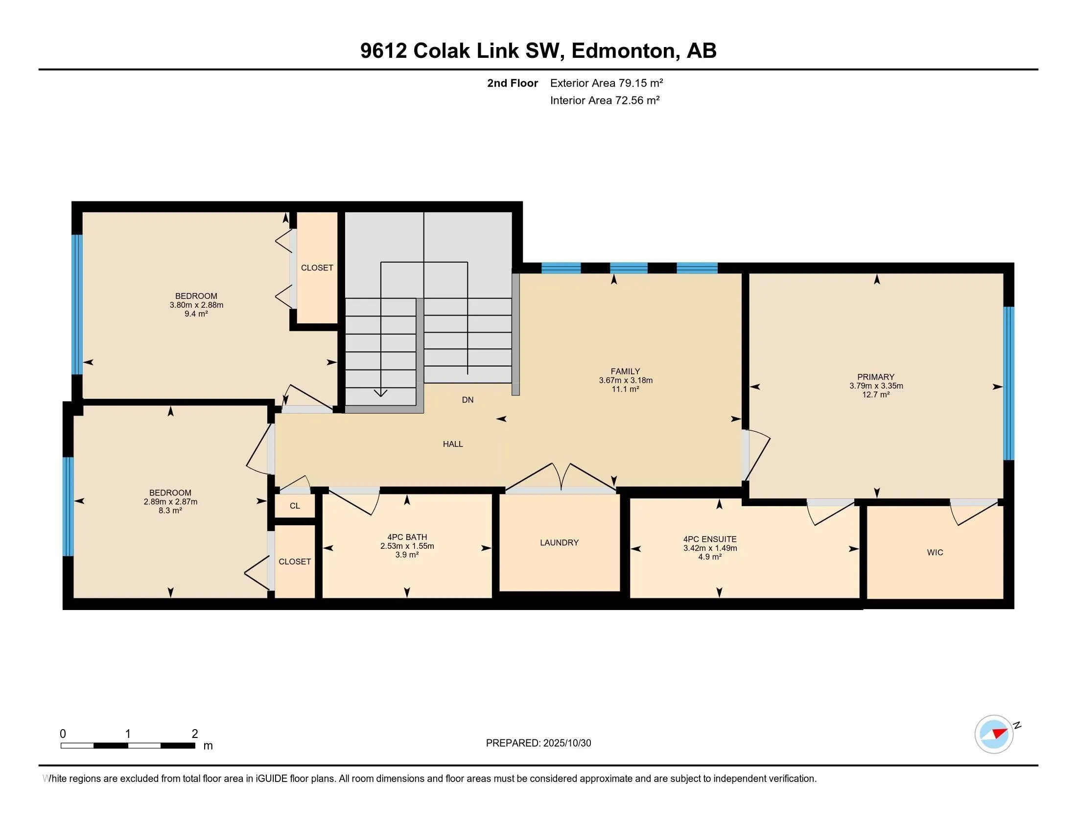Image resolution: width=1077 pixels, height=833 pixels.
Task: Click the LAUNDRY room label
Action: pyautogui.click(x=559, y=542)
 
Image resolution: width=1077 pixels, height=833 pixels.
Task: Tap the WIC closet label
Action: pyautogui.click(x=935, y=552)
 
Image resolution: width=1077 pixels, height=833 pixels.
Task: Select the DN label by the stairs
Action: pyautogui.click(x=468, y=400)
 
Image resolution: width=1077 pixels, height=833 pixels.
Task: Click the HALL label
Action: pyautogui.click(x=452, y=443)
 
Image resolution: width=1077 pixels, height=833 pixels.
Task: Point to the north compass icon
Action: pyautogui.click(x=994, y=734)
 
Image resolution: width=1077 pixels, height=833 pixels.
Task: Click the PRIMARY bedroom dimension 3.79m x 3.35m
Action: pyautogui.click(x=876, y=386)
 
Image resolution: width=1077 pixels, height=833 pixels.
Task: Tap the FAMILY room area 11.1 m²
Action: pyautogui.click(x=625, y=389)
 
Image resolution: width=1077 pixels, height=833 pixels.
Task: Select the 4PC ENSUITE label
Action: pyautogui.click(x=710, y=539)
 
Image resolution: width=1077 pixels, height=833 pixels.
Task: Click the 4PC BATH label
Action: pyautogui.click(x=407, y=537)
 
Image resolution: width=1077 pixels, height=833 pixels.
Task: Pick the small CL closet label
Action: pyautogui.click(x=294, y=506)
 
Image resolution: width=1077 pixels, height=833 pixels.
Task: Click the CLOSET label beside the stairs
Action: pyautogui.click(x=317, y=268)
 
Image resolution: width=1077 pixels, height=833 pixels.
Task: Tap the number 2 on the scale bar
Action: pyautogui.click(x=195, y=734)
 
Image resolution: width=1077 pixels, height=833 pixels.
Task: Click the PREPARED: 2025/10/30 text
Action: pyautogui.click(x=538, y=743)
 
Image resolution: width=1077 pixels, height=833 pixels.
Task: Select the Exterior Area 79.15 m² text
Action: pyautogui.click(x=606, y=83)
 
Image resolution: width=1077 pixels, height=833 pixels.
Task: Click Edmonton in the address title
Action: pyautogui.click(x=623, y=50)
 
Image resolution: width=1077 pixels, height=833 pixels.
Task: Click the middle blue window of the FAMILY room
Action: pyautogui.click(x=628, y=268)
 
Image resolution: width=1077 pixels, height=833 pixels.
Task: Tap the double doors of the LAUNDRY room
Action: pyautogui.click(x=561, y=478)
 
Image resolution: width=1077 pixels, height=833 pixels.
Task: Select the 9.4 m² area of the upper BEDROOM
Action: pyautogui.click(x=196, y=314)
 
